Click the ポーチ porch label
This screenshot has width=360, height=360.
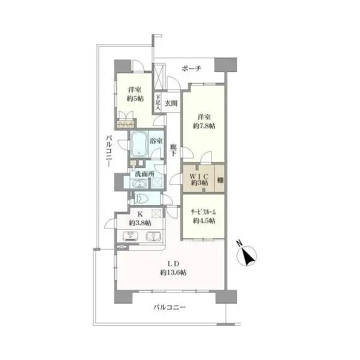tap(191, 68)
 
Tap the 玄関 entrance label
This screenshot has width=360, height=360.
tap(171, 103)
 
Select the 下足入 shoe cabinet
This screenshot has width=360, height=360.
tap(157, 103)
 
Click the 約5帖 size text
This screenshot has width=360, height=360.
tap(135, 99)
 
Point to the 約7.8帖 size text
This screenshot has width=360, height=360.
tap(204, 126)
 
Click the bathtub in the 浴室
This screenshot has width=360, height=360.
tap(139, 144)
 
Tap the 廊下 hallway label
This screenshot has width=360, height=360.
tap(173, 150)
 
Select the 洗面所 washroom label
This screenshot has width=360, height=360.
tap(145, 174)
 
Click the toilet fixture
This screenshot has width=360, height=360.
tap(142, 199)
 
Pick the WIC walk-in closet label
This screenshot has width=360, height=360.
tap(199, 176)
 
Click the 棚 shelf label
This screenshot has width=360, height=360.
tap(220, 180)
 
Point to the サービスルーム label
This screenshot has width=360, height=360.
tap(203, 212)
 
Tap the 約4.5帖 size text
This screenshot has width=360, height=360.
tap(204, 221)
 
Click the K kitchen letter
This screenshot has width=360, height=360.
tap(140, 214)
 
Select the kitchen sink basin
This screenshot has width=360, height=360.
tap(154, 236)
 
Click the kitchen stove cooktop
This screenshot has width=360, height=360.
tap(131, 236)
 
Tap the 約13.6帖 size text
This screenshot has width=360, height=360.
tap(173, 272)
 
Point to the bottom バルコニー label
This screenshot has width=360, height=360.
tap(169, 307)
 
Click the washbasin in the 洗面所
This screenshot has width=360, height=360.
tap(140, 184)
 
